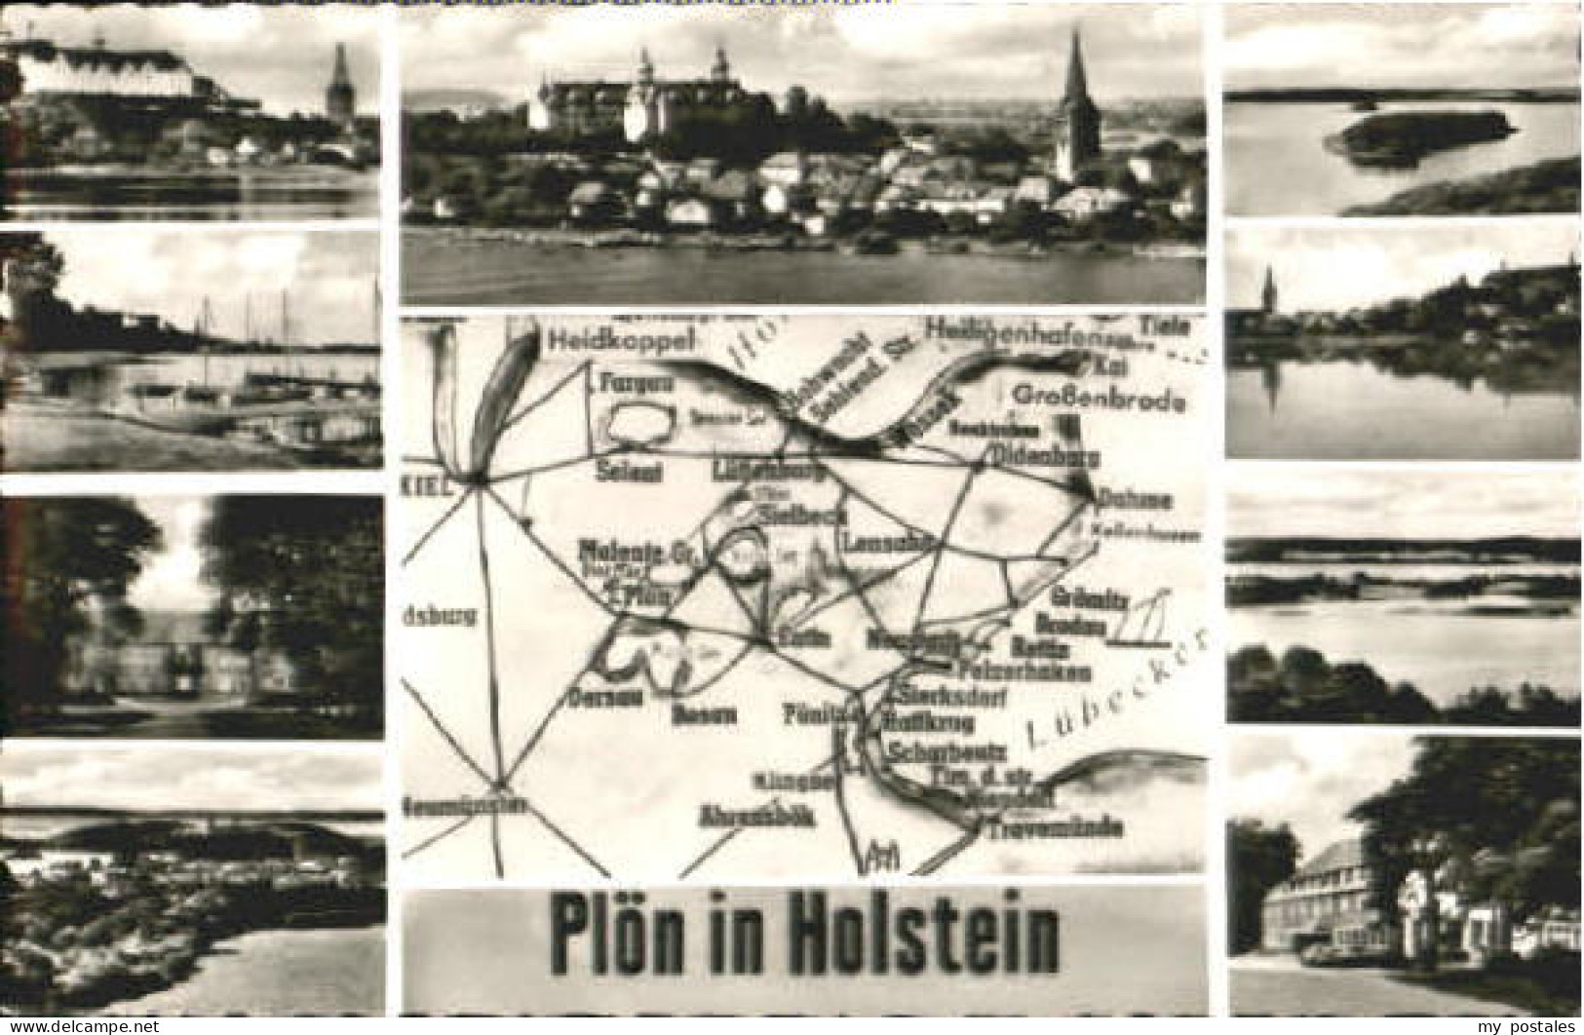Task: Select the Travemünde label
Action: [x=1055, y=829]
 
